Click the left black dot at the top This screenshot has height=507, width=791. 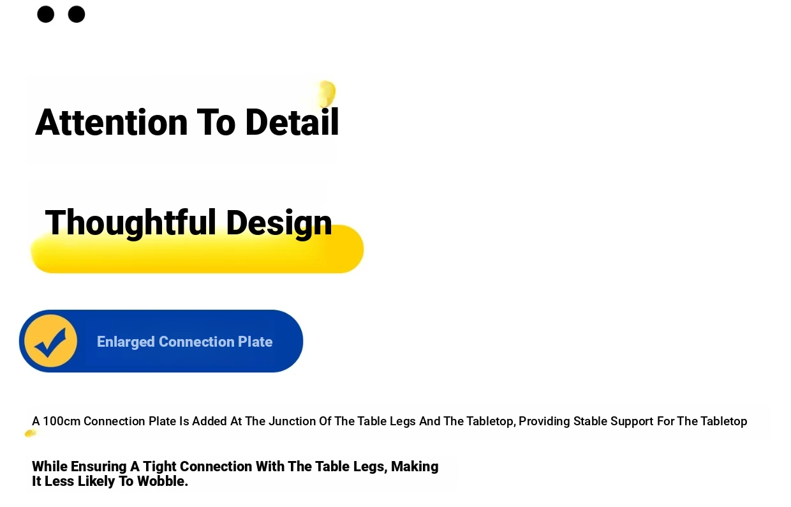[x=45, y=15]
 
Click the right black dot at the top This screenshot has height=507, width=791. [x=77, y=15]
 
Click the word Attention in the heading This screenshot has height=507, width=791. [x=111, y=123]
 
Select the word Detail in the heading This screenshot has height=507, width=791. [x=292, y=122]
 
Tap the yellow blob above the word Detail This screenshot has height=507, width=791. [x=326, y=94]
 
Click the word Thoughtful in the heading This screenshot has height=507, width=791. [x=130, y=223]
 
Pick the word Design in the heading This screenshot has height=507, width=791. [x=279, y=223]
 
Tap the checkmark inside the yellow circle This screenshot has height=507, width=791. [x=50, y=343]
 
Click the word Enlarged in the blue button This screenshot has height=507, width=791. [x=126, y=342]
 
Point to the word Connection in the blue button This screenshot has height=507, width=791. [x=196, y=342]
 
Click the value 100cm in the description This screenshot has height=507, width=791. [x=61, y=421]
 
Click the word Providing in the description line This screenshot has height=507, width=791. [x=544, y=421]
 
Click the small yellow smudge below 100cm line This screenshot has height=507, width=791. [x=31, y=433]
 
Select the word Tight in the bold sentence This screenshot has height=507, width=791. [x=159, y=467]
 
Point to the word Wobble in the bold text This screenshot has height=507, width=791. [x=163, y=481]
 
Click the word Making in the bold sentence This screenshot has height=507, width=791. [x=415, y=467]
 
